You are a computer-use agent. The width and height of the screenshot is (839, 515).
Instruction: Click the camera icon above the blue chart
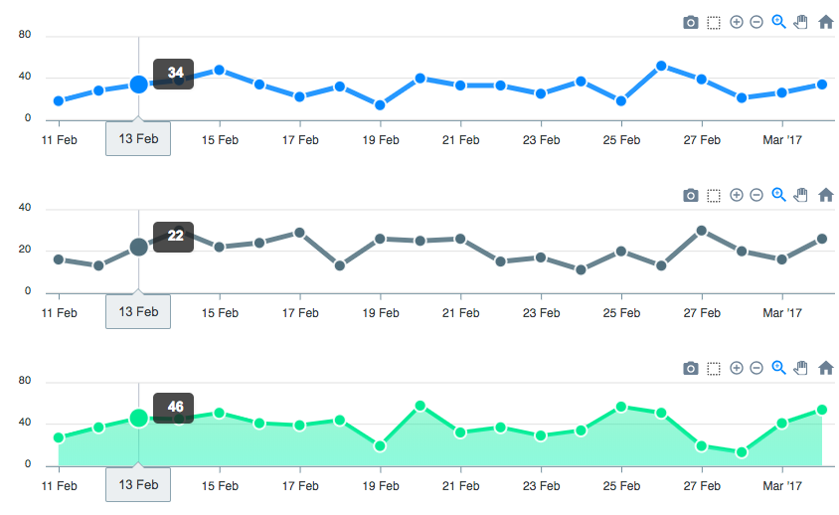691,22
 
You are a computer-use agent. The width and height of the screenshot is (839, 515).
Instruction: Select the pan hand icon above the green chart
801,368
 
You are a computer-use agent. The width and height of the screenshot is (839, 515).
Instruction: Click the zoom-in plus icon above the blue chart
737,22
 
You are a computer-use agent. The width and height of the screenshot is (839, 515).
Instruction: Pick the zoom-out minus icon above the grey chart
756,195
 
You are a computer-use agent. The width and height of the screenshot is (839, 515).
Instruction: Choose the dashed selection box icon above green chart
714,368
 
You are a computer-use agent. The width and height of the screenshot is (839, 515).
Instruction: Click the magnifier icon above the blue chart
779,22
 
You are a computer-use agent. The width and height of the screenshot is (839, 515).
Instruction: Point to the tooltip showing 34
174,74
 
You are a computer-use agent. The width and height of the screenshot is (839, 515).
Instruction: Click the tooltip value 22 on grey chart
174,236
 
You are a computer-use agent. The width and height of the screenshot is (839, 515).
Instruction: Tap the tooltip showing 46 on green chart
174,408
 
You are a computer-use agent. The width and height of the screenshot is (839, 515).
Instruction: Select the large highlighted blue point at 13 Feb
139,85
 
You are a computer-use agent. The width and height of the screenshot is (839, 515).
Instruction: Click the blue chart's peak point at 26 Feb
661,66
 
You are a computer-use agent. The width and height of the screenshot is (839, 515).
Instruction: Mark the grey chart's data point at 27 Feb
702,231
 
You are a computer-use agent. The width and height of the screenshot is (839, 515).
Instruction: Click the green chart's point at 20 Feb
420,406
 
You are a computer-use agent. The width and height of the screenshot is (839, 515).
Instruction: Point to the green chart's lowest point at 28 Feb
742,452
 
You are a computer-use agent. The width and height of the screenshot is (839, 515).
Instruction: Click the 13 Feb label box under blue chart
138,139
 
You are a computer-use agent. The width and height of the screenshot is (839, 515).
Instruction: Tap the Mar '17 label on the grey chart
781,312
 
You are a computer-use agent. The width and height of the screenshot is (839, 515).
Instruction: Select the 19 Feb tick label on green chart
381,485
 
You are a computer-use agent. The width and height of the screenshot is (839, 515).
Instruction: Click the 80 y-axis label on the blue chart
25,36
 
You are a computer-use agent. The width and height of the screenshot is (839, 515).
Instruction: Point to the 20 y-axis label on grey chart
25,251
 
